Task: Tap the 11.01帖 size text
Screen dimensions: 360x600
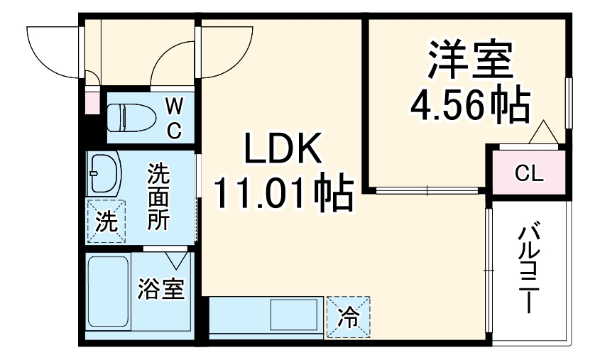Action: point(283,193)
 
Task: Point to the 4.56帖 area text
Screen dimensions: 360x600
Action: point(470,105)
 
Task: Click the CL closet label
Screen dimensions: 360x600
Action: point(525,173)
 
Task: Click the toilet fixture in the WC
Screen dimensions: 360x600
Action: point(131,116)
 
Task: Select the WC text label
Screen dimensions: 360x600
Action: point(175,118)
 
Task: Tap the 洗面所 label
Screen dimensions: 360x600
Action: point(157,196)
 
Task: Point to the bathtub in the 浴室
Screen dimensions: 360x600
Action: point(108,290)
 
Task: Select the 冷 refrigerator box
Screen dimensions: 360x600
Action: point(349,314)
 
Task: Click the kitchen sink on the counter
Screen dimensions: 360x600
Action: point(294,312)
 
